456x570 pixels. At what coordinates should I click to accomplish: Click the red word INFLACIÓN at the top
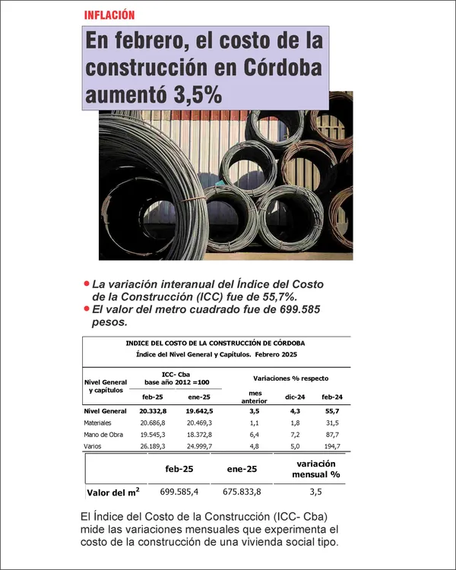(110, 14)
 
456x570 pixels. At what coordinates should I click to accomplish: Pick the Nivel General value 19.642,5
(199, 410)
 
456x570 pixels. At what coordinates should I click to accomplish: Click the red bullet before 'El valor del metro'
(87, 309)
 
